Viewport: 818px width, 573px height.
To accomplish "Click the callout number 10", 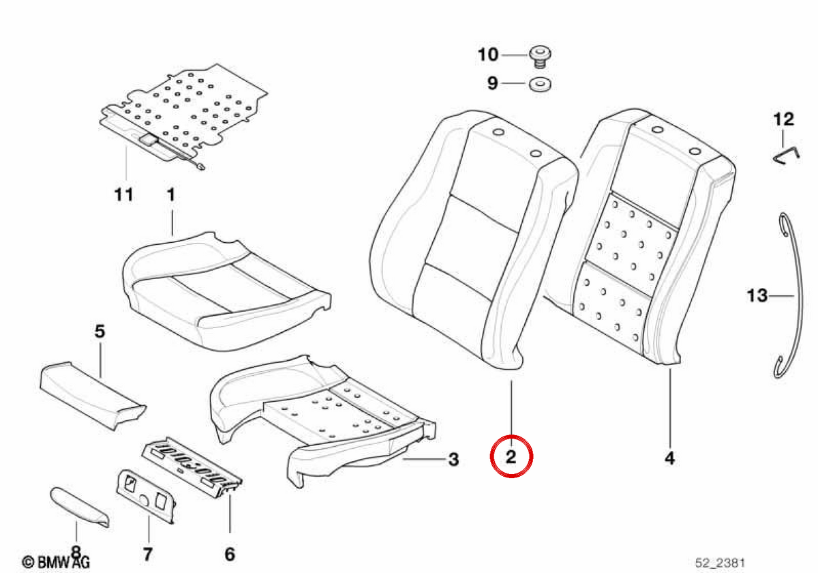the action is pyautogui.click(x=488, y=55).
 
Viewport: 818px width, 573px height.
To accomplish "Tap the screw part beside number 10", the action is pyautogui.click(x=541, y=57).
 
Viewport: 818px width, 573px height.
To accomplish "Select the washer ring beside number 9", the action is pyautogui.click(x=540, y=85).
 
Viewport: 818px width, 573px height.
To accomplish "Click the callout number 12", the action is pyautogui.click(x=784, y=119).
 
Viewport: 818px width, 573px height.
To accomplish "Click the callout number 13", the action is pyautogui.click(x=757, y=295).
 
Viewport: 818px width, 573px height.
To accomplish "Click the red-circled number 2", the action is pyautogui.click(x=511, y=457).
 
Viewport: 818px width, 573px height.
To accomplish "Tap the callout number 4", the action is pyautogui.click(x=669, y=458).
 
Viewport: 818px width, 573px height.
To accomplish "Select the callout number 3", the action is pyautogui.click(x=453, y=459).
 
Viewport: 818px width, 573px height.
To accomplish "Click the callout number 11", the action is pyautogui.click(x=124, y=194).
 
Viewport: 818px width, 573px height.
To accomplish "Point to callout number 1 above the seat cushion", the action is pyautogui.click(x=171, y=195).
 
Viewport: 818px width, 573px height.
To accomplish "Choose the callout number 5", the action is pyautogui.click(x=100, y=332).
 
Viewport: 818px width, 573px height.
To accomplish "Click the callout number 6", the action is pyautogui.click(x=230, y=555).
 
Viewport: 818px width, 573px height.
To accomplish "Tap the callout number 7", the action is pyautogui.click(x=147, y=555).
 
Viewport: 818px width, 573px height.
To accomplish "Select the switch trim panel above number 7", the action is pyautogui.click(x=146, y=497).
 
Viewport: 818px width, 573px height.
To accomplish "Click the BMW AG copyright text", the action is pyautogui.click(x=56, y=562).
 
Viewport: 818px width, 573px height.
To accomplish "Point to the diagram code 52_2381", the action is pyautogui.click(x=720, y=563).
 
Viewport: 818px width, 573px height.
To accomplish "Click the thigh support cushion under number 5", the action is pyautogui.click(x=93, y=396).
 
